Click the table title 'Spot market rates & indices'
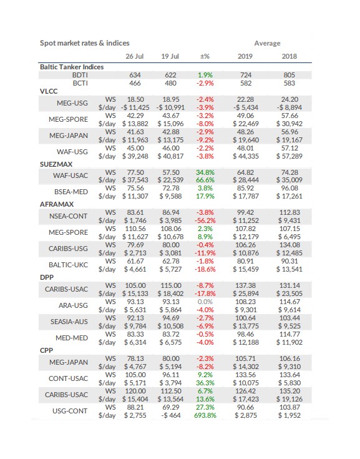84,43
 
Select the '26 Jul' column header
135,56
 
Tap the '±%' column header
205,56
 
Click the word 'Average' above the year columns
267,43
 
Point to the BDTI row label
80,75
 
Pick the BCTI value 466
135,83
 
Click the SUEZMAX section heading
56,164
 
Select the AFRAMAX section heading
57,204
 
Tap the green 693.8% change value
205,415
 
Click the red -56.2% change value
205,220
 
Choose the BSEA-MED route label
71,192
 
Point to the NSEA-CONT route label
69,216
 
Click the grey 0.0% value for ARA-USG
205,302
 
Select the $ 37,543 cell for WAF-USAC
135,180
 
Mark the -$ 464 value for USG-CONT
171,415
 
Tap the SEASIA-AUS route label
69,322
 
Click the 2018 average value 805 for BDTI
289,75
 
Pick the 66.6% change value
205,180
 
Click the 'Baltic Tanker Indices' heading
72,67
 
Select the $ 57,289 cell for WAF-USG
289,156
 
